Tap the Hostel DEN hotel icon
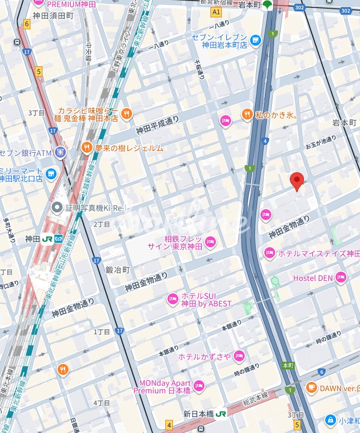(x=341, y=278)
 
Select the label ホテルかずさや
(x=204, y=356)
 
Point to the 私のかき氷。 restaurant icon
(x=247, y=114)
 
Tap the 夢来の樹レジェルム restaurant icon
(x=86, y=147)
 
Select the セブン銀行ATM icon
(x=60, y=152)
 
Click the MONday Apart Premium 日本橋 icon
(x=199, y=386)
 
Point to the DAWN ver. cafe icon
(x=311, y=387)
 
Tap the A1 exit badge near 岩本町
(x=216, y=12)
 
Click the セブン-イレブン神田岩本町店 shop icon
(x=256, y=40)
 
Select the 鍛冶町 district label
(x=117, y=269)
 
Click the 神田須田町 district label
(x=53, y=16)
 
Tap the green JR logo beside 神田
(x=47, y=239)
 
